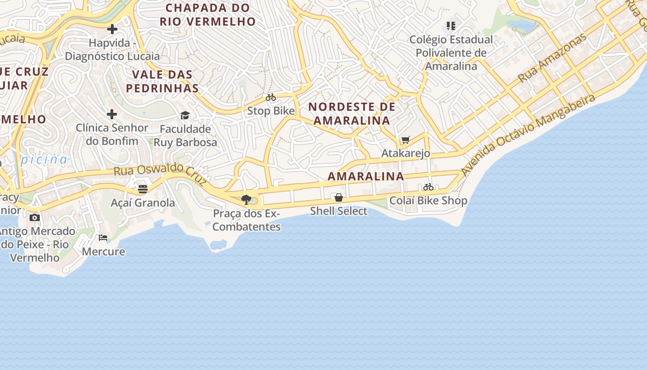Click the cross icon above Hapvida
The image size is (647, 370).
pos(112,30)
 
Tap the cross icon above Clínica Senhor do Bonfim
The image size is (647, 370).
pos(112,114)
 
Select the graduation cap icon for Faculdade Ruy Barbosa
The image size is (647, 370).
pos(185,115)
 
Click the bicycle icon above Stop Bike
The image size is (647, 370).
pos(271,98)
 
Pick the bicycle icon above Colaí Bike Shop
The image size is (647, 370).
pos(428,187)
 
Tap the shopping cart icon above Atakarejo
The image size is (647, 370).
pos(406,140)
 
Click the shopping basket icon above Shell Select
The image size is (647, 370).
pos(339,197)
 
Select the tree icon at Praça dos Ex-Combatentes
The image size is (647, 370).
pos(246,200)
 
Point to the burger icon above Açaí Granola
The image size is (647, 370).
pos(143,189)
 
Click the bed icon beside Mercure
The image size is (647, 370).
pos(103,238)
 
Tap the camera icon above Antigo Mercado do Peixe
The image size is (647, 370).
pos(35,217)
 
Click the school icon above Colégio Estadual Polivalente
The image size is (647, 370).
pos(451,26)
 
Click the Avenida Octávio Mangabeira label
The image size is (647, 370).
pos(527,135)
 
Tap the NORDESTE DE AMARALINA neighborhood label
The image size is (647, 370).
pos(352,114)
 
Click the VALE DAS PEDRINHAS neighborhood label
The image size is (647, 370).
pos(162,81)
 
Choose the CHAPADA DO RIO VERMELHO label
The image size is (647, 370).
pos(208,15)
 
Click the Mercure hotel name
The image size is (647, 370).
pos(104,252)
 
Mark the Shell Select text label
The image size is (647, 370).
pos(339,211)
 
